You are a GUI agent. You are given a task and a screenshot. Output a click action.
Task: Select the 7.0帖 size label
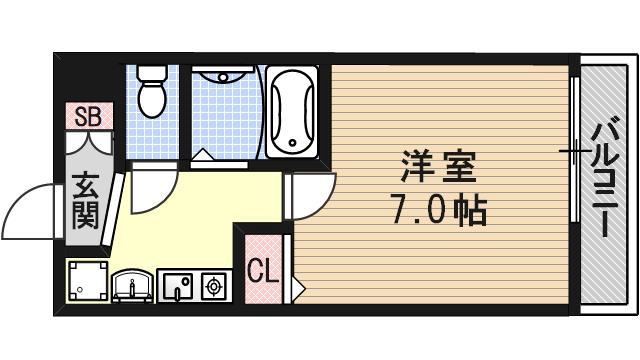[x=438, y=210]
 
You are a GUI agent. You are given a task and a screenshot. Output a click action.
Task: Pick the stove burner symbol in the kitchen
[x=212, y=286]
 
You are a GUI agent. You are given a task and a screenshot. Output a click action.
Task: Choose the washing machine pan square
[x=87, y=281]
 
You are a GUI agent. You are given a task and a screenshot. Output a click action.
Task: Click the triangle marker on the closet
[x=297, y=288]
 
